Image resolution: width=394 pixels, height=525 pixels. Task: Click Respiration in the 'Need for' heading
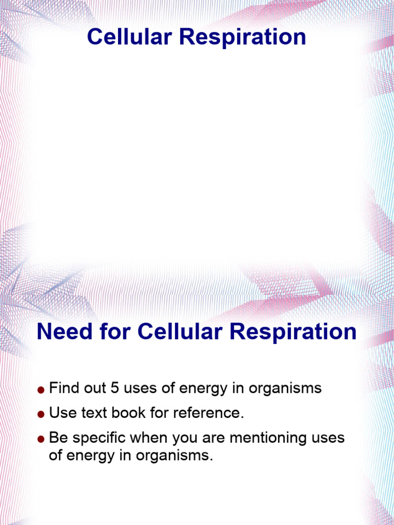pos(293,332)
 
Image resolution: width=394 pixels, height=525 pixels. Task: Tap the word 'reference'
pos(211,413)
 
